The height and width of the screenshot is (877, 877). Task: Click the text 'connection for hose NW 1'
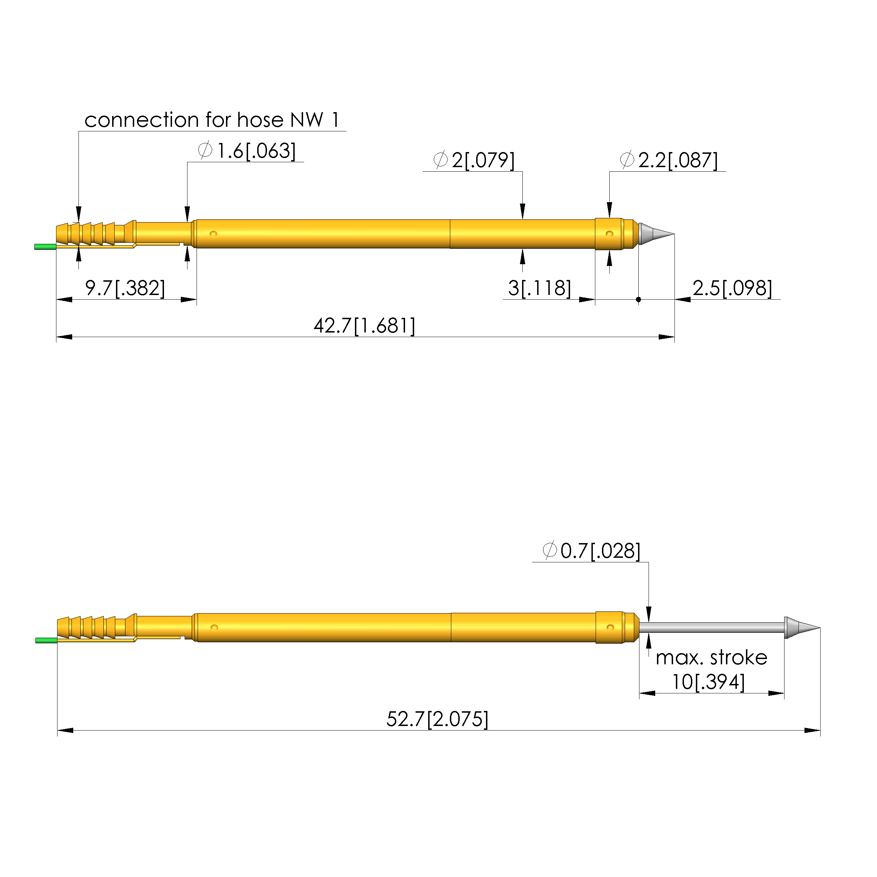coord(212,120)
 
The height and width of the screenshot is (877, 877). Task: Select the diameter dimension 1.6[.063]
coord(247,151)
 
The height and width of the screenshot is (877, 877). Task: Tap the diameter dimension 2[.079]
coord(474,160)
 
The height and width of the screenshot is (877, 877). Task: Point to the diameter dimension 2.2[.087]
coord(669,160)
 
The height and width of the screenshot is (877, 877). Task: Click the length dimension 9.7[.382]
coord(125,288)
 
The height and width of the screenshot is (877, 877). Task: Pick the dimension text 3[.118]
coord(540,288)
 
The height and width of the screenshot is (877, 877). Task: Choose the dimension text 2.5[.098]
coord(732,288)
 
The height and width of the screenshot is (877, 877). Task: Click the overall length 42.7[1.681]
coord(364,326)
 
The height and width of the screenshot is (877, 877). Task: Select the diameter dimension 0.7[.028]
coord(591,551)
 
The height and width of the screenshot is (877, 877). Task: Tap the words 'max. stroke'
coord(711,658)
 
